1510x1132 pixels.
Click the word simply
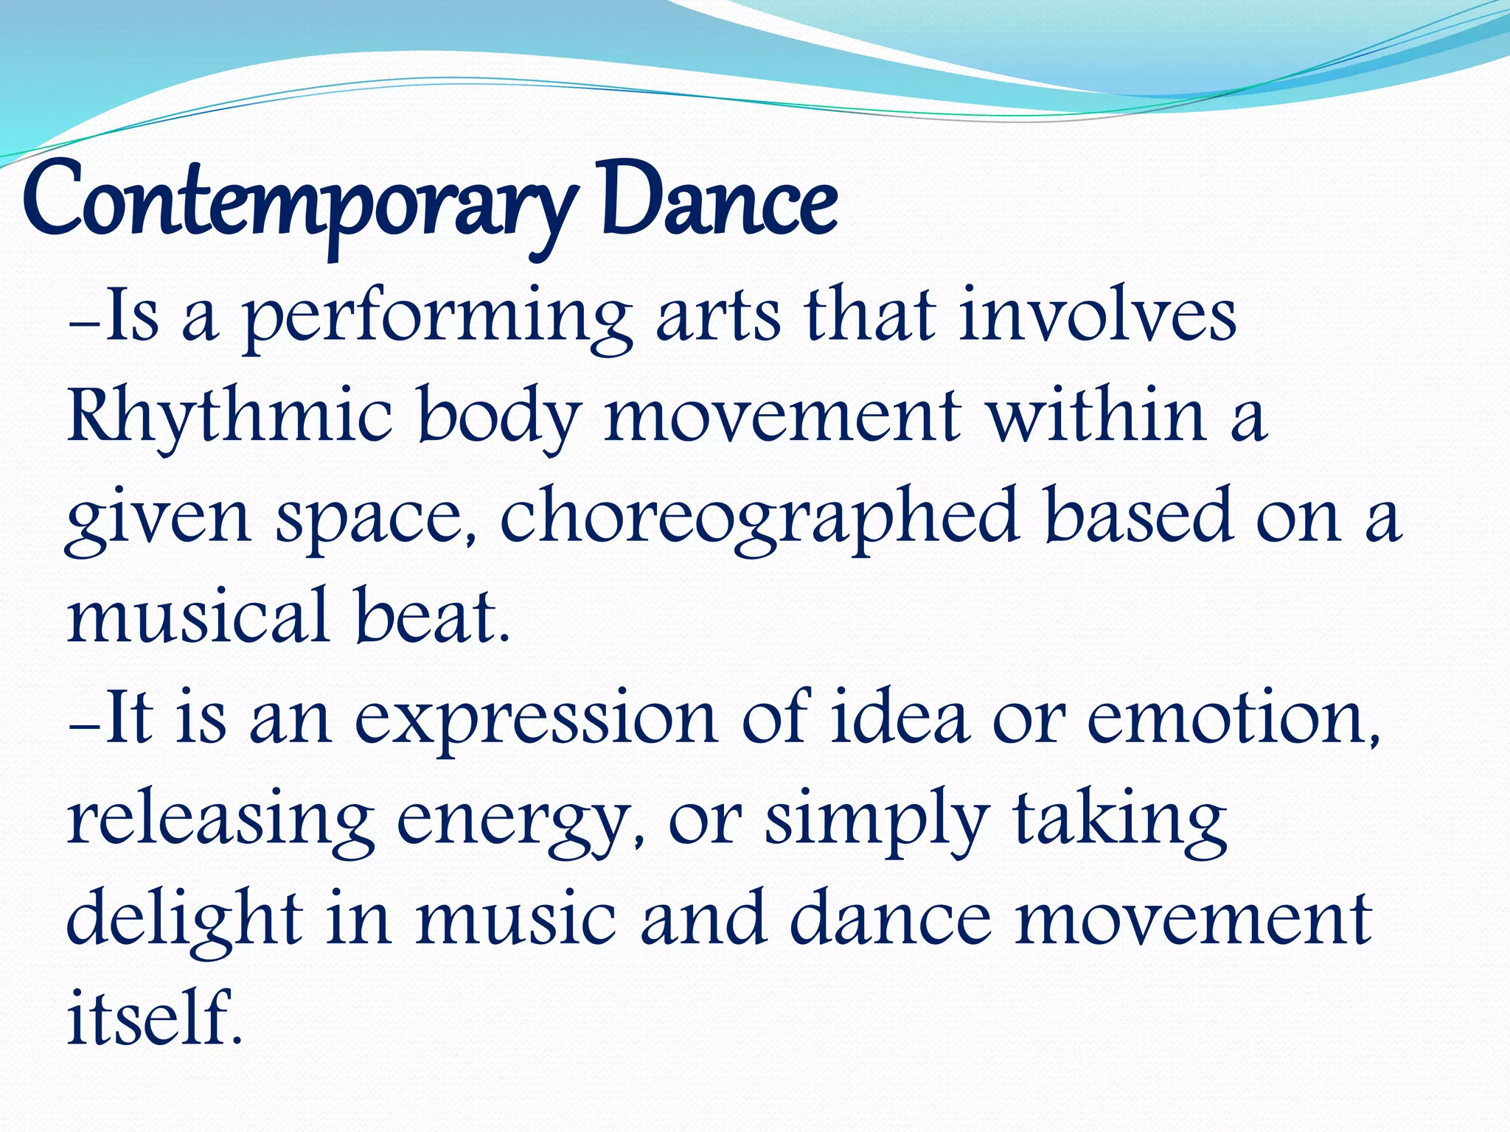(877, 822)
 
